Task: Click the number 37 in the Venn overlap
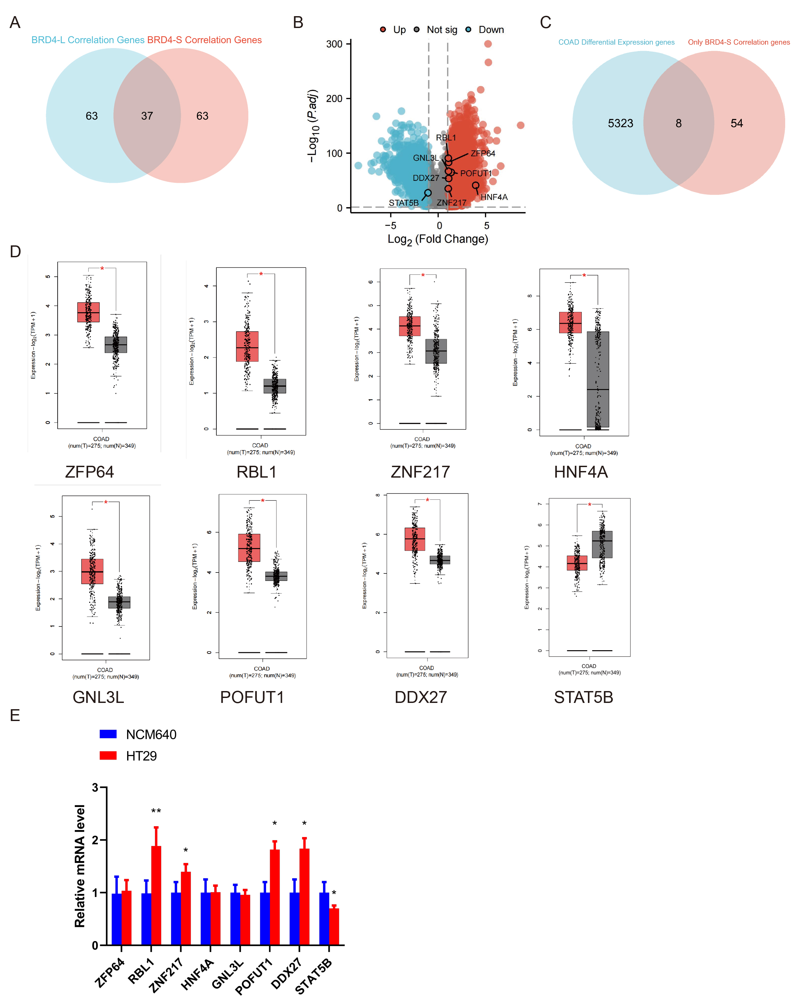click(x=147, y=116)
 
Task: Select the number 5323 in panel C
click(x=620, y=123)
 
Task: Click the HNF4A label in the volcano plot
click(x=494, y=197)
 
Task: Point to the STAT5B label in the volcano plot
click(x=403, y=203)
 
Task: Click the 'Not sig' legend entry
click(x=442, y=30)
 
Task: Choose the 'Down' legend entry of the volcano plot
click(x=491, y=30)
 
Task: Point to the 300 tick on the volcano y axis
click(x=334, y=44)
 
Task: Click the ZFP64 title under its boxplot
click(x=89, y=472)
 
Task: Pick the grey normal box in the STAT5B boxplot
click(x=602, y=544)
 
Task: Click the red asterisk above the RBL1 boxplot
click(x=261, y=274)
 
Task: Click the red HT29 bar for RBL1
click(x=156, y=895)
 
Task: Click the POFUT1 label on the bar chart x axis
click(x=254, y=976)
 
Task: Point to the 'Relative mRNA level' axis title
click(x=80, y=866)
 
